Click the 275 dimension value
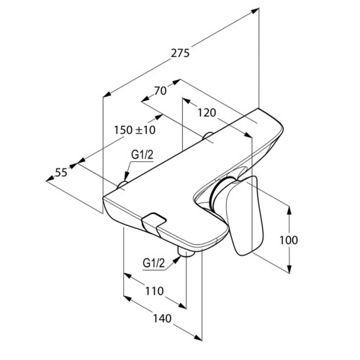click(x=180, y=53)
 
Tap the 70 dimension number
click(x=161, y=91)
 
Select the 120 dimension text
click(x=207, y=112)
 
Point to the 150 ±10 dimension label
click(x=135, y=130)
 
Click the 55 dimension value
click(x=61, y=173)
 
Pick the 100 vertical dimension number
click(x=289, y=240)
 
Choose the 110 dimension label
click(x=154, y=292)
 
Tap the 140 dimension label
click(x=162, y=318)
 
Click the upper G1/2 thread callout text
click(x=142, y=155)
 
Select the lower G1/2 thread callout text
click(x=154, y=264)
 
